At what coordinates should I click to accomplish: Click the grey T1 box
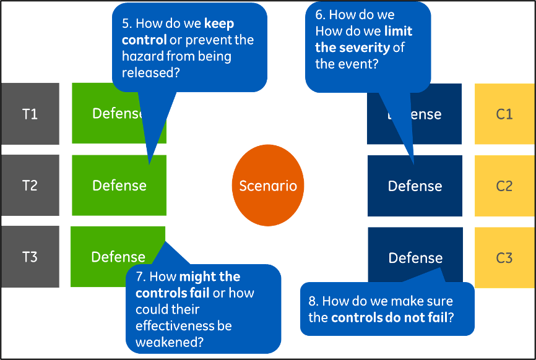click(30, 114)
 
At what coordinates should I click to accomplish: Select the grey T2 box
click(30, 185)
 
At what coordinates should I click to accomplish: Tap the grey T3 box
click(30, 257)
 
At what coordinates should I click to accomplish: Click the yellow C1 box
click(504, 114)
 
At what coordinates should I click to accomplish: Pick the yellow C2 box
click(504, 186)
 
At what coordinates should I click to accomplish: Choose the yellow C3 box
click(504, 257)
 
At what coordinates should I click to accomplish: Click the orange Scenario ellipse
click(268, 186)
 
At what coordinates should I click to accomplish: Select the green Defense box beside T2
click(119, 186)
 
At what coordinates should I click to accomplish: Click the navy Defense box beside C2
click(415, 186)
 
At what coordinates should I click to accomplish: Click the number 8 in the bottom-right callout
click(312, 302)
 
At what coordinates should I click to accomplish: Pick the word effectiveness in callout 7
click(175, 325)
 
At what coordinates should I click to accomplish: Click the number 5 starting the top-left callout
click(125, 24)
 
